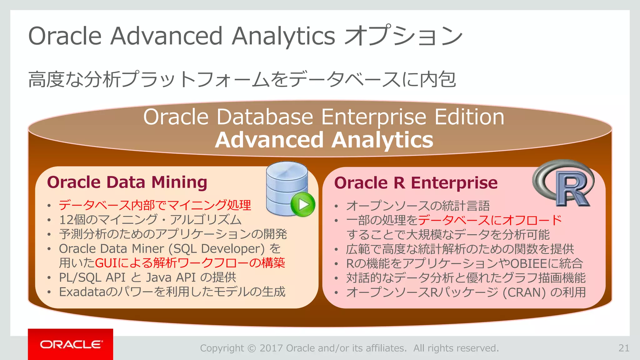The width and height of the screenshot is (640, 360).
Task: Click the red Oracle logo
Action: tap(71, 344)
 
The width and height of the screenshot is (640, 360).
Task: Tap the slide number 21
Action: tap(624, 348)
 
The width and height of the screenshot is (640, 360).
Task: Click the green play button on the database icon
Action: tap(302, 205)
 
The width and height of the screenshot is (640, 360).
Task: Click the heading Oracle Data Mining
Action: tap(127, 182)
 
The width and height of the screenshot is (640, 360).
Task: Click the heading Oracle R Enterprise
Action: tap(416, 183)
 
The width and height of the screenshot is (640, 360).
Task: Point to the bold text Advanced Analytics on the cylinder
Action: tap(324, 140)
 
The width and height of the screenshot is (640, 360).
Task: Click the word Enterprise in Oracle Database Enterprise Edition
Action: tap(374, 117)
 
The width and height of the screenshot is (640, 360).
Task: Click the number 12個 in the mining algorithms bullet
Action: tap(72, 220)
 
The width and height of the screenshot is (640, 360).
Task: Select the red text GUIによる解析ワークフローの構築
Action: tap(190, 263)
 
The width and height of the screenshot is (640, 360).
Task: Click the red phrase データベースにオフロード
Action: tap(490, 220)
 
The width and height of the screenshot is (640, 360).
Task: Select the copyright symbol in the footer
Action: tap(252, 348)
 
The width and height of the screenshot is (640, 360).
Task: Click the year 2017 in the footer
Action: tap(271, 348)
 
